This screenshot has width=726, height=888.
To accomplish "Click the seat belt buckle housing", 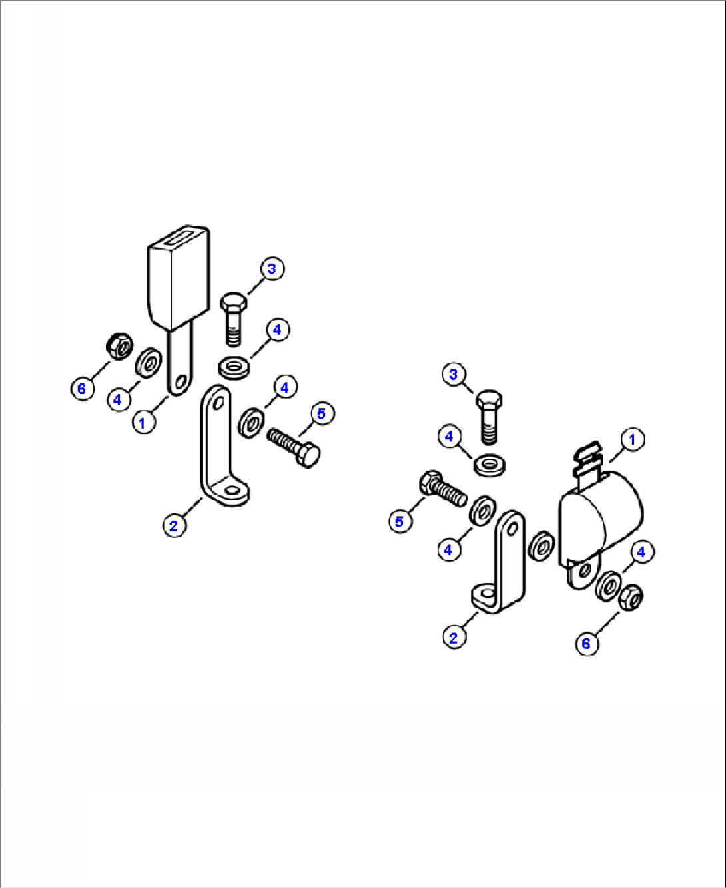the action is click(179, 278).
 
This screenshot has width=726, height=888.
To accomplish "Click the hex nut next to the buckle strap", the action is click(119, 346).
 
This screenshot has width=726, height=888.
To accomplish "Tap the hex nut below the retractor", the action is click(631, 598).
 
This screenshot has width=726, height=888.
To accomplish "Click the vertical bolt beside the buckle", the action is click(234, 319).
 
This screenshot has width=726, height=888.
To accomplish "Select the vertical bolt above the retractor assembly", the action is click(489, 417).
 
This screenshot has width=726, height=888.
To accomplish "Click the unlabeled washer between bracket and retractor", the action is click(541, 546).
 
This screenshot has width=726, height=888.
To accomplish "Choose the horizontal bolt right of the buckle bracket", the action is click(293, 447).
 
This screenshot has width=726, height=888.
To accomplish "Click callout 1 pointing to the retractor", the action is click(632, 439).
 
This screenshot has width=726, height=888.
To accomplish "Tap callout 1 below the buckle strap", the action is click(143, 423).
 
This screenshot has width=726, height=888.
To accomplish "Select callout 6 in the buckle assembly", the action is click(82, 388).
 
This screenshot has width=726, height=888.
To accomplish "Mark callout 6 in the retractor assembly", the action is click(587, 655).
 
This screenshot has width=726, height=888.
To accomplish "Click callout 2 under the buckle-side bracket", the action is click(174, 525).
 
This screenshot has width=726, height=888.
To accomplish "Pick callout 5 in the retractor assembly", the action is click(400, 521).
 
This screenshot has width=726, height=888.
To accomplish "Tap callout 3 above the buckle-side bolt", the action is click(272, 269).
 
